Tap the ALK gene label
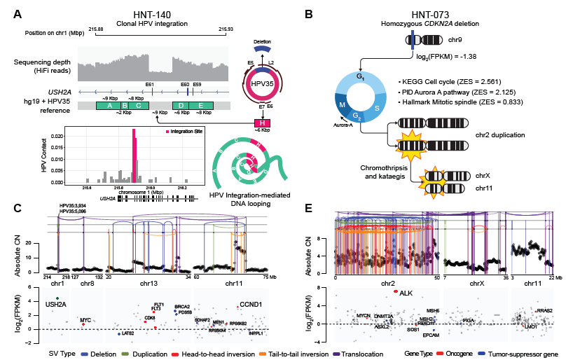407,293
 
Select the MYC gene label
85,320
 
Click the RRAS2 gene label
544,310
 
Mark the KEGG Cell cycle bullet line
456,73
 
